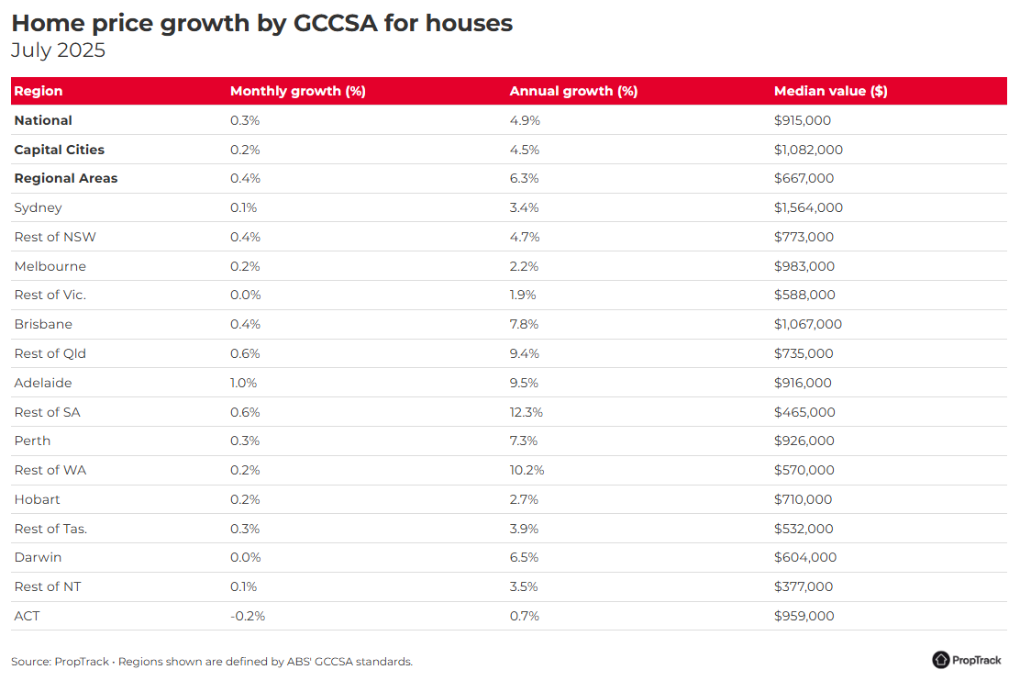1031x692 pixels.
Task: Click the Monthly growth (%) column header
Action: [298, 92]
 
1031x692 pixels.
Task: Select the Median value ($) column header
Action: [830, 92]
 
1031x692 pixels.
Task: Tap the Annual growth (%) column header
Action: [573, 92]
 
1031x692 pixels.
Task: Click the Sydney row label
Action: [39, 207]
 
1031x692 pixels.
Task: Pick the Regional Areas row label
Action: [66, 178]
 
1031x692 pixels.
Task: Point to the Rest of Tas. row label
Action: [50, 529]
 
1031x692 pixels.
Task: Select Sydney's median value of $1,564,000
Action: [808, 207]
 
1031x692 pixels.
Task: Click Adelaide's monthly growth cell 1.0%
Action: [243, 383]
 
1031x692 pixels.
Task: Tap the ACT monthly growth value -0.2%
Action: [248, 617]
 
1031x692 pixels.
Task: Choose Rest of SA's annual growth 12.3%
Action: [526, 412]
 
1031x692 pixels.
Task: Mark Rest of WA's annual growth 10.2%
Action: [527, 470]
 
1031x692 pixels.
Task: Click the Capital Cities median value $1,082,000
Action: [808, 150]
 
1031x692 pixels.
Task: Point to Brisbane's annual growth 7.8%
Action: [524, 324]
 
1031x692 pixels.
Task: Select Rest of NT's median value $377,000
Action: [804, 586]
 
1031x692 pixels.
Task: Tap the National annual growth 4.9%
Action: [525, 120]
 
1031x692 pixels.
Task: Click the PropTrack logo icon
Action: [941, 660]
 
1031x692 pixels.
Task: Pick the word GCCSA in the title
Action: [336, 23]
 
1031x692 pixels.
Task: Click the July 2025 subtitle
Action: [59, 50]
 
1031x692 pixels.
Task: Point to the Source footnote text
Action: [212, 662]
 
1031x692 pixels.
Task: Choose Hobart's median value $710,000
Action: [803, 500]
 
